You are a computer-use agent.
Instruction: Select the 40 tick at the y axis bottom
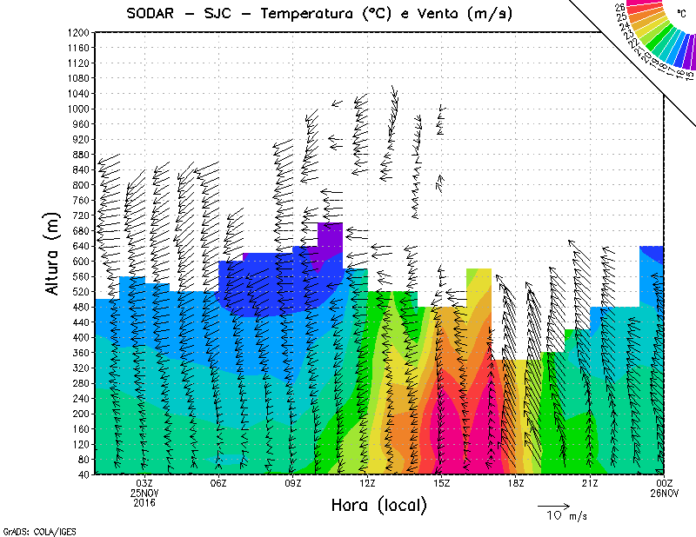84,474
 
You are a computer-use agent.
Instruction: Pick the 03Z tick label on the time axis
144,482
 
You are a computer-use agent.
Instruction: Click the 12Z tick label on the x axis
367,482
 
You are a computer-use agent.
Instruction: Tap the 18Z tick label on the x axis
516,482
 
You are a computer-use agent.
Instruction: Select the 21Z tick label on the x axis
590,482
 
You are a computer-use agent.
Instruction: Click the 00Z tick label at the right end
665,482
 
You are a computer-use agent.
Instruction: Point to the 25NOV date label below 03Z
144,492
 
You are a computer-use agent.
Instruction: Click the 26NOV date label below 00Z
665,492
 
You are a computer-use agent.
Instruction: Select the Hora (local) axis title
379,505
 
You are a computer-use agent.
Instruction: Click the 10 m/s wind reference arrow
552,505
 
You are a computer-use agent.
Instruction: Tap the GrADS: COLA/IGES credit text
31,529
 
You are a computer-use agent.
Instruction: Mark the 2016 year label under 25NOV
144,501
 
